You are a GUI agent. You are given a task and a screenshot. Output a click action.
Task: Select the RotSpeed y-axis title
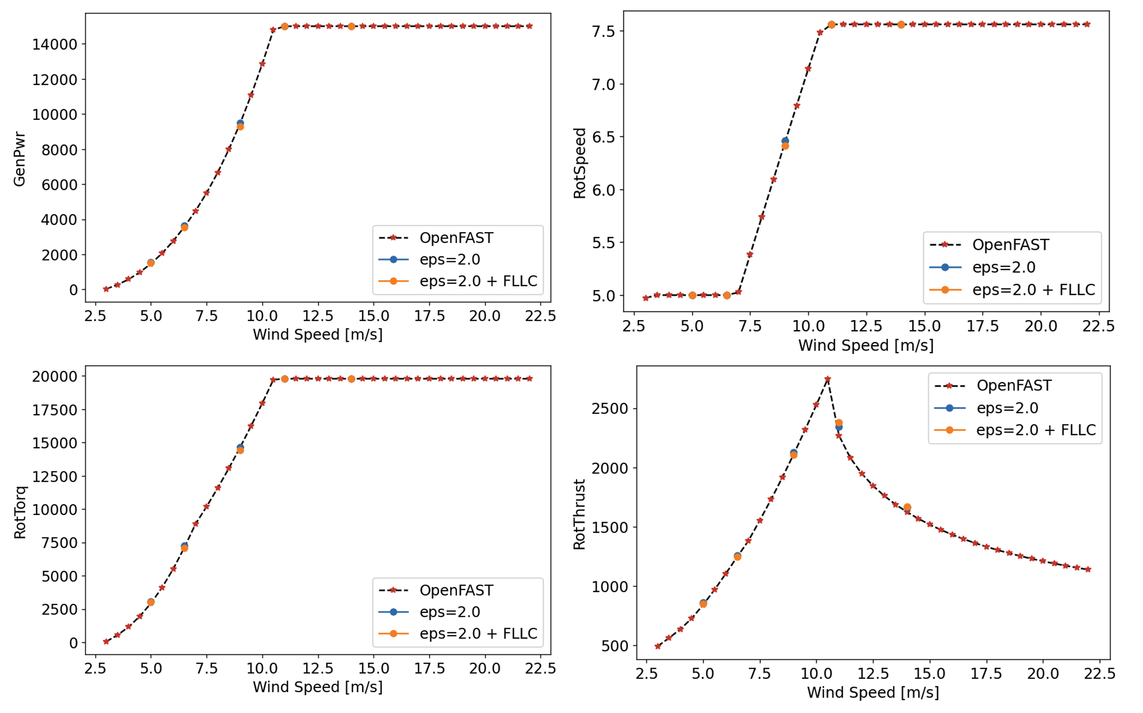579,163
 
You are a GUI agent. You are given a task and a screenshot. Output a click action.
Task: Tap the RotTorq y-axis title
20,512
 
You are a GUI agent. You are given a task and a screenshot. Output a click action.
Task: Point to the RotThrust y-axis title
579,515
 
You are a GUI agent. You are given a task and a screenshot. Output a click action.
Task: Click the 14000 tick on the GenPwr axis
54,44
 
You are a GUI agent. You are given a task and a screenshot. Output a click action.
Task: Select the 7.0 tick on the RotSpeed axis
603,84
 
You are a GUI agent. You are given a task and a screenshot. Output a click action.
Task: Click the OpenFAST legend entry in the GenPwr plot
456,238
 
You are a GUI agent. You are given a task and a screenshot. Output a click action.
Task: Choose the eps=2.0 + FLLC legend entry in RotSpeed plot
1033,289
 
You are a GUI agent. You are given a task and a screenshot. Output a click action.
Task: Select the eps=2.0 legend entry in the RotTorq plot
449,612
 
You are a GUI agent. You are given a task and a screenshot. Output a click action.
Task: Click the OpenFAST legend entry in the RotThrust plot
1014,386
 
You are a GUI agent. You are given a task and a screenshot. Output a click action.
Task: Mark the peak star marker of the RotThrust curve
828,379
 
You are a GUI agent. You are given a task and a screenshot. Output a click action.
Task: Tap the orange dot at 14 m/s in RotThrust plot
907,507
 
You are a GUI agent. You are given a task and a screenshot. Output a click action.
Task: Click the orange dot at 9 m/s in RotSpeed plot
785,146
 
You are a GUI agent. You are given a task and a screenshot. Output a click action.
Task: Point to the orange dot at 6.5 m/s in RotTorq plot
184,548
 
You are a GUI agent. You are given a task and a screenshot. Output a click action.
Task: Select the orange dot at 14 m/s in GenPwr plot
351,26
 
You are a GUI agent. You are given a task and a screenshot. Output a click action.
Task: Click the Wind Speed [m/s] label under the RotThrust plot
873,692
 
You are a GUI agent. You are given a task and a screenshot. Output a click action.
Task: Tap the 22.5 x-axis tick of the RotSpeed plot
1098,326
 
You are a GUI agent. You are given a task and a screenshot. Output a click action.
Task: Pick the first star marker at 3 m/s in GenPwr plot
106,289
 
